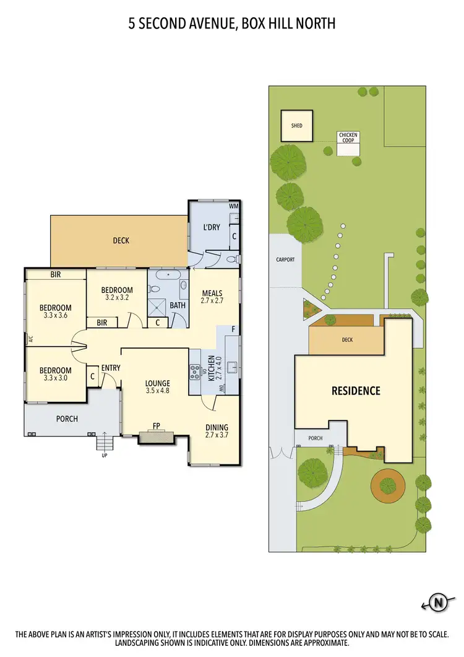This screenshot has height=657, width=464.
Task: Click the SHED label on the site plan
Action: point(297,126)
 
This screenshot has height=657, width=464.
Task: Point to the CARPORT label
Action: point(285,260)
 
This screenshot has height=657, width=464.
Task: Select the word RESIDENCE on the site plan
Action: point(356,391)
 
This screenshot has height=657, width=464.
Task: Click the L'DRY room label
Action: point(212,227)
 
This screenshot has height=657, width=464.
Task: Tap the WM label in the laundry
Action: point(233,206)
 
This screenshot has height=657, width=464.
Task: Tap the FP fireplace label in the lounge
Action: point(157,426)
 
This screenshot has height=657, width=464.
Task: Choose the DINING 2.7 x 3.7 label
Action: point(217,431)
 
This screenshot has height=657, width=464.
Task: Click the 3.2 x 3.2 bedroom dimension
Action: point(117,297)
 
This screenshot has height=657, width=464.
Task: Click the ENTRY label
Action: point(111,368)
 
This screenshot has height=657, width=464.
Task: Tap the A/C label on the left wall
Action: point(29,339)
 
